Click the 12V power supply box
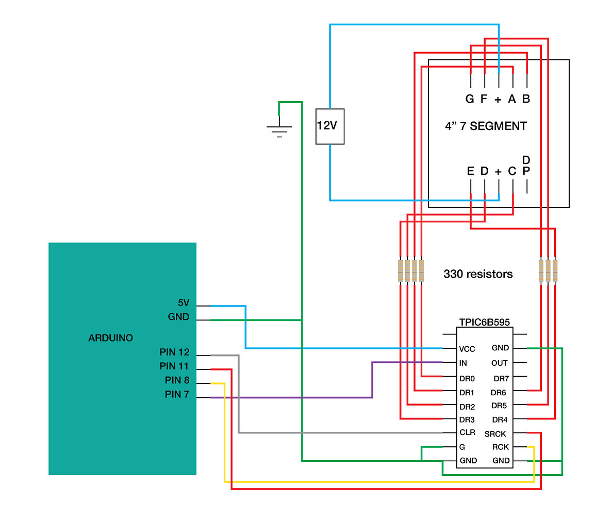click(x=329, y=126)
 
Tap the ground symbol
click(x=279, y=130)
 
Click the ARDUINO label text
click(x=110, y=338)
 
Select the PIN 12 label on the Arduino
click(x=174, y=353)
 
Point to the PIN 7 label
click(x=177, y=395)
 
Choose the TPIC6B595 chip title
click(x=485, y=321)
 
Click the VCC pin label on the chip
click(x=467, y=349)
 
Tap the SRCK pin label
click(x=495, y=434)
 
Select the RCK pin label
click(x=500, y=447)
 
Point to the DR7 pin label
click(x=501, y=379)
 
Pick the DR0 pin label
click(x=468, y=379)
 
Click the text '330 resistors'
click(x=478, y=274)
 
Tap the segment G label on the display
click(x=469, y=99)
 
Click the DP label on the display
click(x=526, y=165)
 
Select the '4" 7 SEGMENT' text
click(x=485, y=126)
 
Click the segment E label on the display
click(x=470, y=171)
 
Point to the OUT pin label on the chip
click(x=499, y=363)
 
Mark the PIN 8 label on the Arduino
click(x=177, y=381)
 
